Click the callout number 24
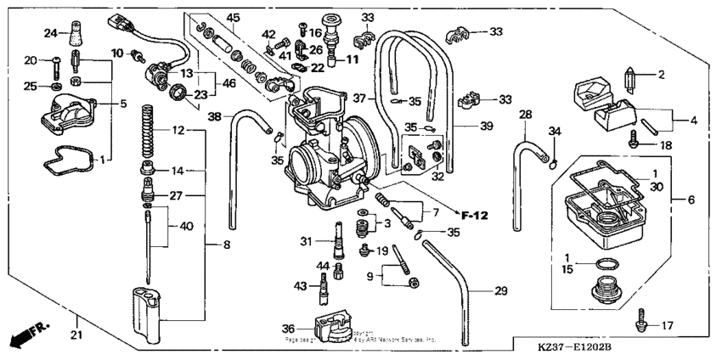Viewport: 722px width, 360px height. (49, 33)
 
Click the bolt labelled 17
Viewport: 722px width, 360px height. (642, 323)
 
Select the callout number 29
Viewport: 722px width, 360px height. (500, 291)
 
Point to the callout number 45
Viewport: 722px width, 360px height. (232, 19)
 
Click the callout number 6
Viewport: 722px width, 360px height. (689, 200)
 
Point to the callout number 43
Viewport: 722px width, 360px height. (299, 285)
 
